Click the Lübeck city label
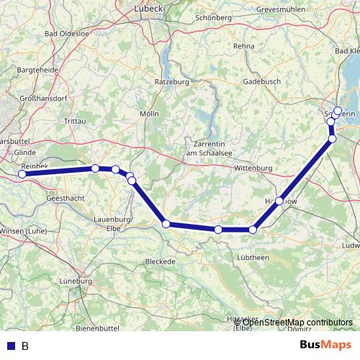click(149, 9)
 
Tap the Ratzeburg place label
click(171, 82)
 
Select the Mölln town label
click(150, 114)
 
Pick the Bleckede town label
click(160, 261)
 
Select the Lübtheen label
click(252, 257)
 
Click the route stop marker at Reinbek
click(22, 174)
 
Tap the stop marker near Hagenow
click(279, 201)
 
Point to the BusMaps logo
click(326, 345)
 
